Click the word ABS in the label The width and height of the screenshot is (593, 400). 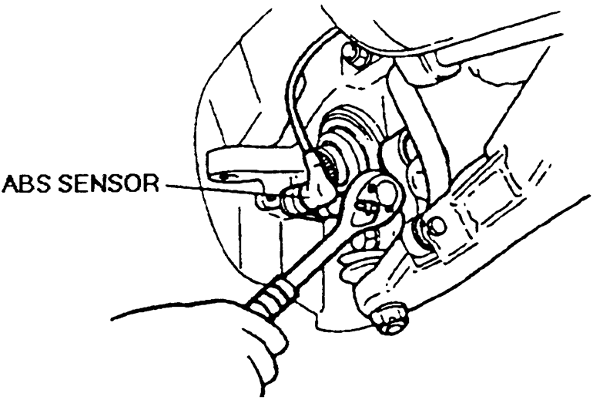click(25, 185)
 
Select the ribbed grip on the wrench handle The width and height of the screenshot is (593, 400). click(273, 301)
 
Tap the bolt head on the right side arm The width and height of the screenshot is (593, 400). click(437, 226)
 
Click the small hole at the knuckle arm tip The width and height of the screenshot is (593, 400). click(223, 176)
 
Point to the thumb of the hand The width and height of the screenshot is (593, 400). click(231, 320)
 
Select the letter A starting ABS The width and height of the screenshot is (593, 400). click(9, 185)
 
